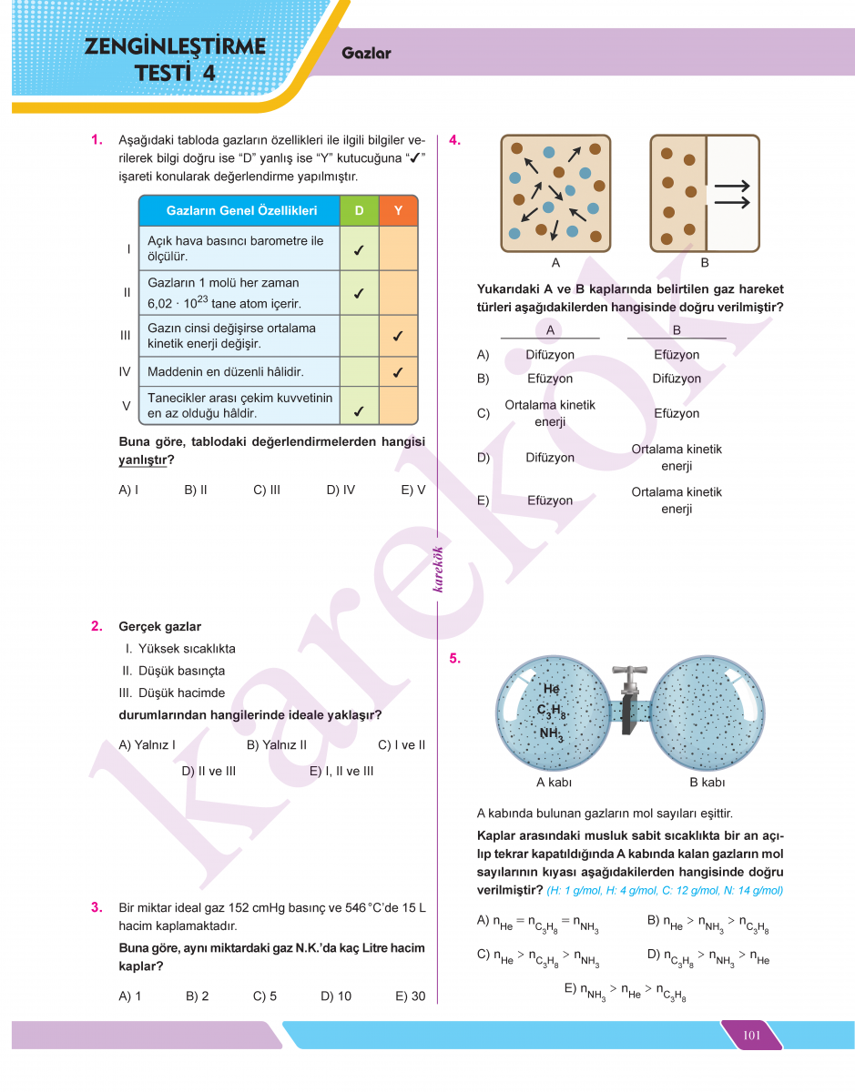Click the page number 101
(x=752, y=1035)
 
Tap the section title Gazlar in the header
(x=366, y=53)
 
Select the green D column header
(x=360, y=210)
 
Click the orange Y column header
(x=398, y=210)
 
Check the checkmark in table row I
(x=360, y=248)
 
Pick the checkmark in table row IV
(x=398, y=372)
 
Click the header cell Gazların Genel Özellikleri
(x=241, y=210)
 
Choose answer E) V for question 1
(x=413, y=490)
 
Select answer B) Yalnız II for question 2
(x=277, y=744)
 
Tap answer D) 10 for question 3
(x=336, y=996)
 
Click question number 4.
(x=455, y=140)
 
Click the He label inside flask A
(x=550, y=689)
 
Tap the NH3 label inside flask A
(x=551, y=733)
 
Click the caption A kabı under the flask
(x=554, y=782)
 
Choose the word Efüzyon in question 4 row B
(x=550, y=379)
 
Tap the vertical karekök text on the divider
(x=438, y=569)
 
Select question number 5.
(x=455, y=659)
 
